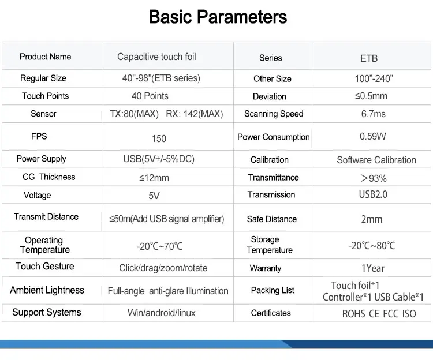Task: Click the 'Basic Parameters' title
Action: tap(218, 17)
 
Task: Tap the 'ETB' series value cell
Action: tap(368, 58)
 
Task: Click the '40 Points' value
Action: tap(150, 96)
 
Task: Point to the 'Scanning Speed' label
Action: tap(273, 114)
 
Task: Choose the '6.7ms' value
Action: tap(373, 114)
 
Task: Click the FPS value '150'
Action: tap(159, 138)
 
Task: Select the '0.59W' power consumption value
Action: tap(372, 137)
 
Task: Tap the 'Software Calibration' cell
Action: tap(376, 160)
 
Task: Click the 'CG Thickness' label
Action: tap(49, 177)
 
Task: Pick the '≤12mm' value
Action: tap(154, 178)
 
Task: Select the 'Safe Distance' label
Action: tap(271, 219)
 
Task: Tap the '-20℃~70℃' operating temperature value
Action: tap(159, 246)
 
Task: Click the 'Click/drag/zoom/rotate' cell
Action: tap(163, 268)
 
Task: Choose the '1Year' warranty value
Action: tap(372, 268)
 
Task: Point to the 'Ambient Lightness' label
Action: tap(47, 290)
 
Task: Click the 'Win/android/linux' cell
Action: tap(161, 313)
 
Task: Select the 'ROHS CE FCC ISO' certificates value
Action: tap(379, 313)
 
